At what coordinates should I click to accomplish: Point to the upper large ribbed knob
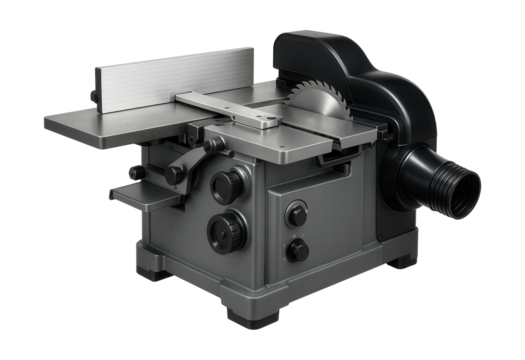click(225, 185)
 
